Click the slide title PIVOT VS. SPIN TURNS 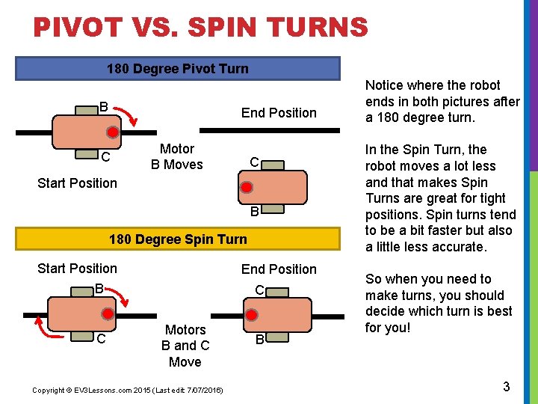coord(200,28)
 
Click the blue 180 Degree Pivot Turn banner coord(178,69)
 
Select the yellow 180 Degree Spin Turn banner coord(178,239)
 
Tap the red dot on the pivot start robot coord(111,132)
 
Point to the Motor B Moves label coord(177,156)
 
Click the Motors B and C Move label coord(185,346)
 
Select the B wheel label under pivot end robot coord(254,212)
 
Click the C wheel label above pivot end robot coord(254,162)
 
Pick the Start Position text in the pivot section coord(77,183)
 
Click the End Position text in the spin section coord(279,269)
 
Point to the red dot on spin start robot coord(108,314)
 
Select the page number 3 coord(507,387)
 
